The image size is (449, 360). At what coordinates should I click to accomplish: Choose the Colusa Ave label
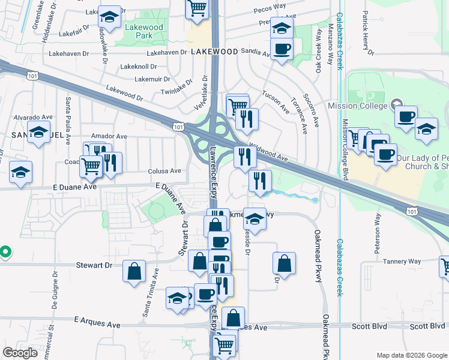click(x=164, y=171)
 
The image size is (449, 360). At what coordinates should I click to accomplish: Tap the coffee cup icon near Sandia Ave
click(x=282, y=49)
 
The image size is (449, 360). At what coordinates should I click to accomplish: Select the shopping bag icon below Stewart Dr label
click(x=134, y=271)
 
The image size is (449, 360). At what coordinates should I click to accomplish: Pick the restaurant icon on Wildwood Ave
click(x=245, y=157)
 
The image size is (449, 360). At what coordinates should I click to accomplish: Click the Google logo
click(x=20, y=353)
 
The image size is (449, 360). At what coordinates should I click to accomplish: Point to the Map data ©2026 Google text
click(x=411, y=355)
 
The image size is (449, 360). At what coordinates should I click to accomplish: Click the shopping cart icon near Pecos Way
click(x=197, y=8)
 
